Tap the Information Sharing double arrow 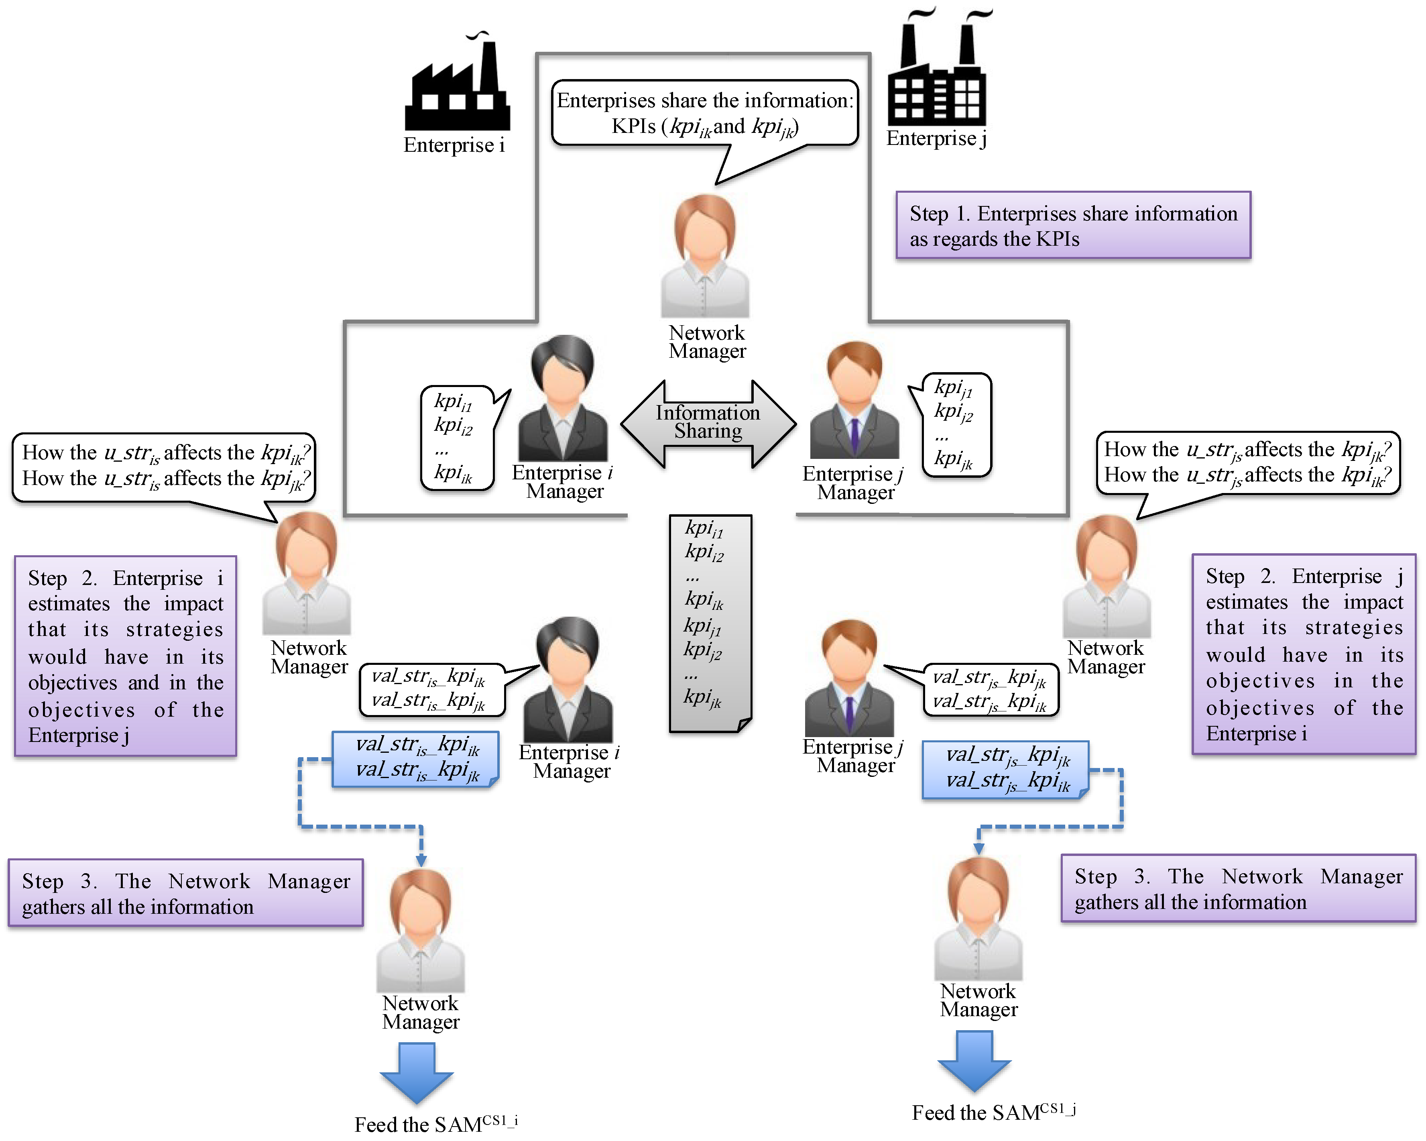pos(708,423)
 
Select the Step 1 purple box pos(1073,225)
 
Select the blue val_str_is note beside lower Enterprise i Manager pos(415,759)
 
